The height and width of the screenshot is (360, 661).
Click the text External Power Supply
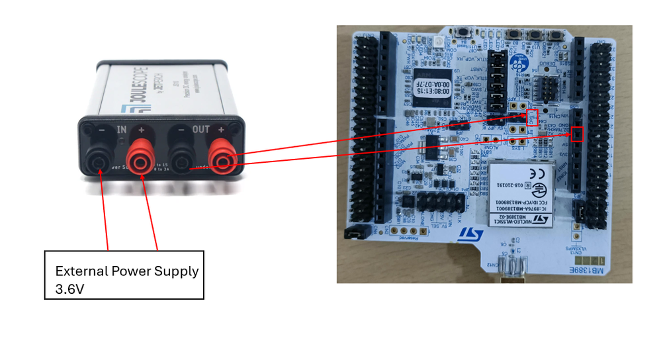(126, 271)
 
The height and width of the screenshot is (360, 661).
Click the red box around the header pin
(578, 134)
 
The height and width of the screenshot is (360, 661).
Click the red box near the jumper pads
(532, 116)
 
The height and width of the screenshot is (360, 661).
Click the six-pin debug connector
(547, 88)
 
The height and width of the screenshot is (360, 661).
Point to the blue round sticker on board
(529, 44)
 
